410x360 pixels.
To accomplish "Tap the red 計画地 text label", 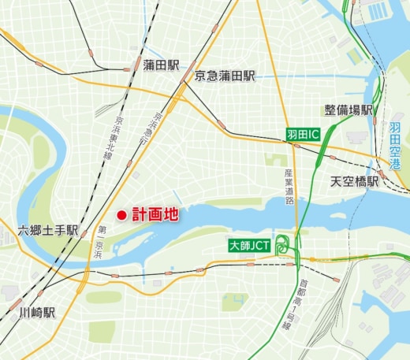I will pos(155,214).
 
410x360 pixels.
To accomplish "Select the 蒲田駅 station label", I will pos(163,65).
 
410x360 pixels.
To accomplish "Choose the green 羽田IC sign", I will pos(303,135).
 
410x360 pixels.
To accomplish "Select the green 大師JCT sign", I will pos(250,246).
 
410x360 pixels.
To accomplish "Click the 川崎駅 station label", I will pos(37,312).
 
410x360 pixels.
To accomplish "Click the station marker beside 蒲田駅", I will pos(129,69).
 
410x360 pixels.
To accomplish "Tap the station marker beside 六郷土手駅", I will pos(86,232).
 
